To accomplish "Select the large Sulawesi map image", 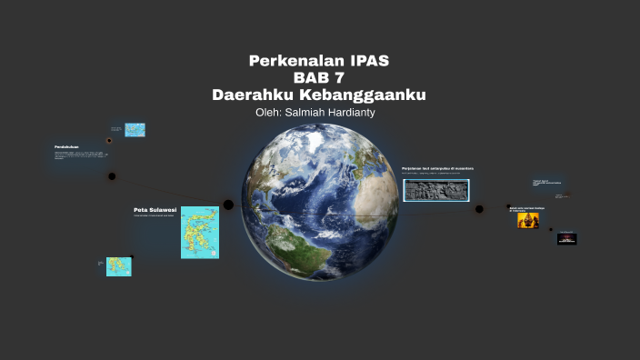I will [199, 232].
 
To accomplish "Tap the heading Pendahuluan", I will [66, 146].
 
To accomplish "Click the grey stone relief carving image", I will [436, 189].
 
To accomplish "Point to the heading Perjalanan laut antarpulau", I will [438, 168].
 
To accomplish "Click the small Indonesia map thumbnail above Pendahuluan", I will [136, 130].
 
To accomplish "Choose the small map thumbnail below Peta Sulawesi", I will [118, 266].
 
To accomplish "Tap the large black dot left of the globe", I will [229, 205].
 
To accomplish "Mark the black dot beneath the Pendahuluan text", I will [112, 176].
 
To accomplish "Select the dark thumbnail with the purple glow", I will [567, 239].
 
